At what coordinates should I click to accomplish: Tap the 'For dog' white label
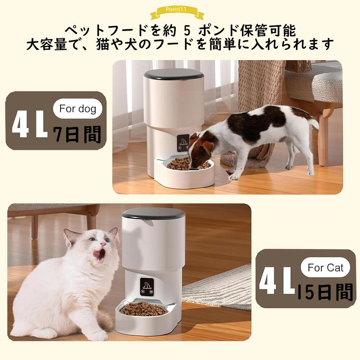tap(78, 108)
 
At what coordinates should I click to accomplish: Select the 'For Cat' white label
tap(325, 267)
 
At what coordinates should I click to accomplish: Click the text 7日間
tap(77, 134)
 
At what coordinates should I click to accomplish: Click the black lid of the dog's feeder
tap(174, 75)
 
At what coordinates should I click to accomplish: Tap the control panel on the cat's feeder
tap(147, 286)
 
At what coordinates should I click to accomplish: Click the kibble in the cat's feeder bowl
tap(143, 309)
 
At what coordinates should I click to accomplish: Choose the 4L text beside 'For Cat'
tap(277, 284)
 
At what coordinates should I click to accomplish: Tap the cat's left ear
tap(71, 236)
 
